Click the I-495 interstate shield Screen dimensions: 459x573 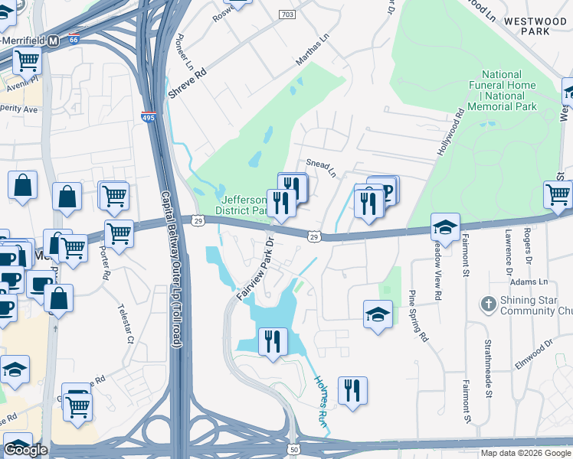(x=148, y=117)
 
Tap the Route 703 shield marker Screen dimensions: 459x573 (x=287, y=15)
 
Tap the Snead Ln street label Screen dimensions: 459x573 (x=321, y=168)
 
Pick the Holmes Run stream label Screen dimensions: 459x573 (x=321, y=405)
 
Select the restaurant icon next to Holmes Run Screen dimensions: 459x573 (x=352, y=391)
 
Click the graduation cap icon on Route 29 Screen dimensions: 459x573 (x=445, y=226)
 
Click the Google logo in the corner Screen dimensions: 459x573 (x=25, y=450)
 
